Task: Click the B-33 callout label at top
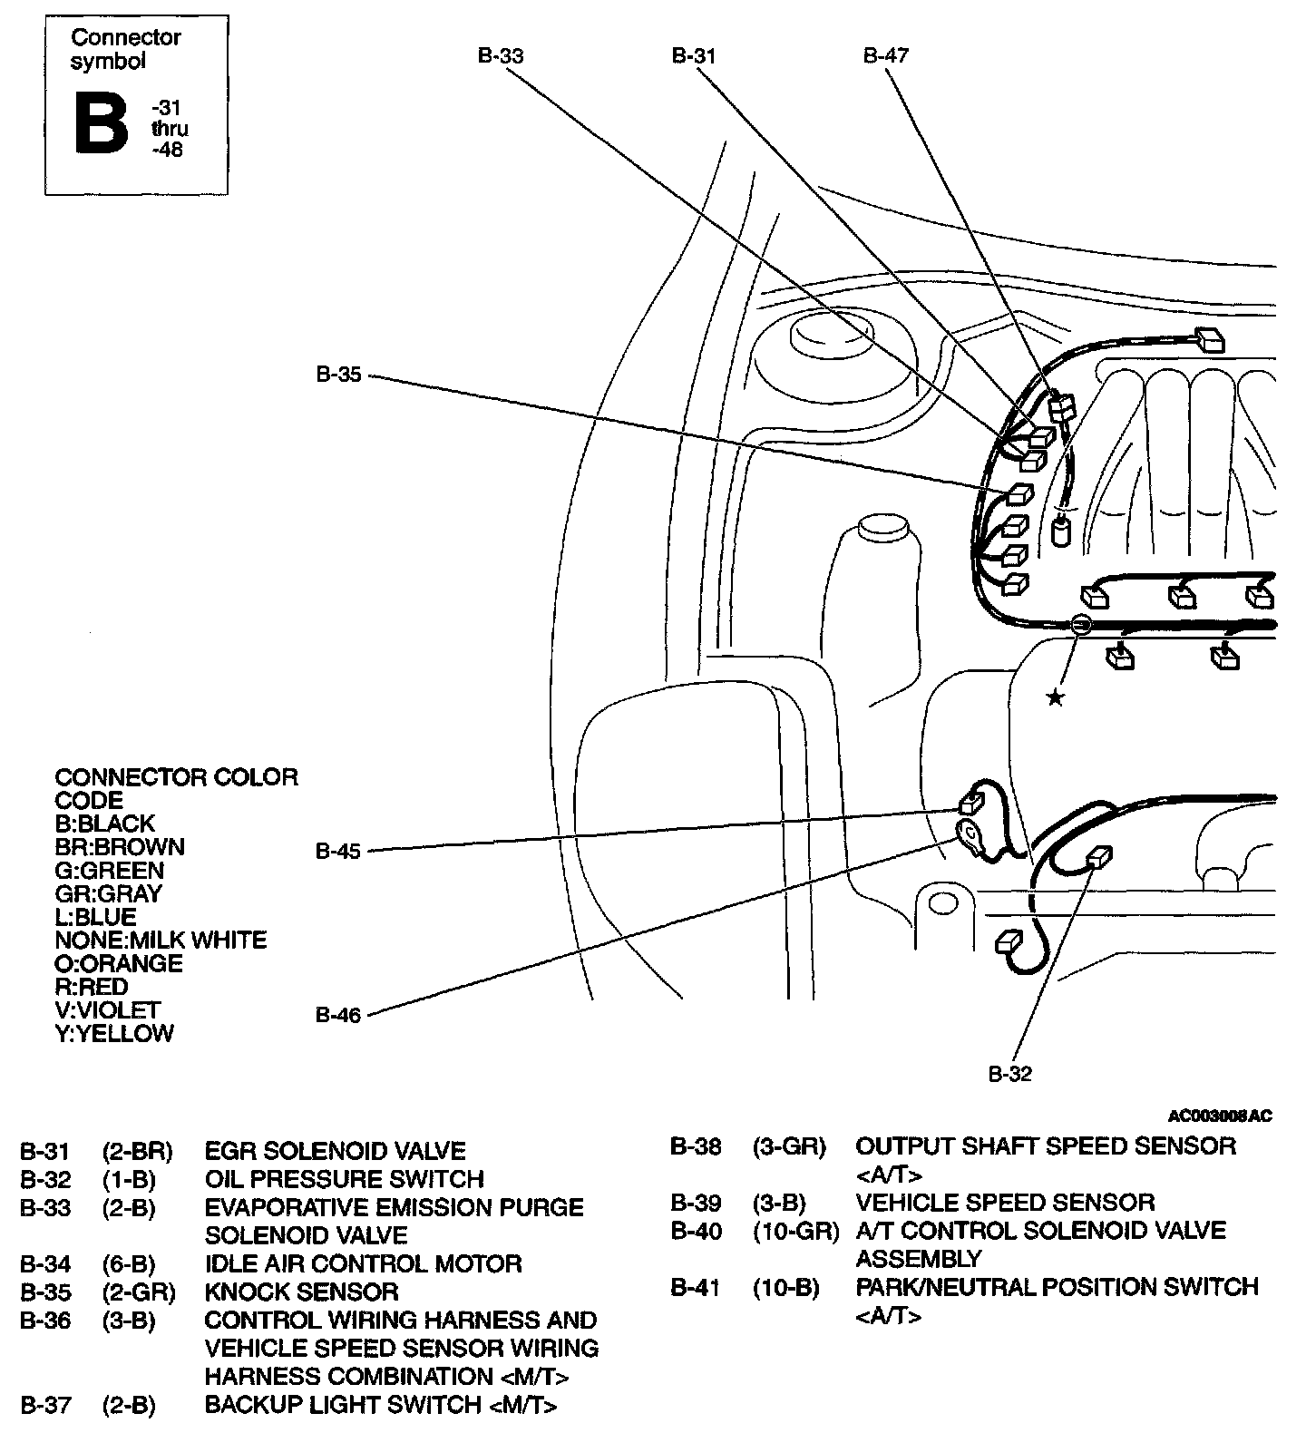501,56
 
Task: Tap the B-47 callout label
885,56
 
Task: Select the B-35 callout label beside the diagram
338,375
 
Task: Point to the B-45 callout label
338,852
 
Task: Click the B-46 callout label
338,1016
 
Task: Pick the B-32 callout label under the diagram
1009,1075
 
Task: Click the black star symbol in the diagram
1055,697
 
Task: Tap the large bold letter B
101,123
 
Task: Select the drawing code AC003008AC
1220,1116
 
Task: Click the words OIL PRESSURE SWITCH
344,1179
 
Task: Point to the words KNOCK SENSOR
301,1292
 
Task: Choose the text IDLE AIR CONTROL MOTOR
363,1263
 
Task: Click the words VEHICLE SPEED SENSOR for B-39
1005,1203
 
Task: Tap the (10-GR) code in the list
795,1231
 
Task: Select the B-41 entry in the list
696,1287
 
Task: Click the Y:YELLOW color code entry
114,1034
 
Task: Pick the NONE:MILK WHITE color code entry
161,941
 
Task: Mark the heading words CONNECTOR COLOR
176,777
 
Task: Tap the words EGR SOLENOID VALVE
335,1151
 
